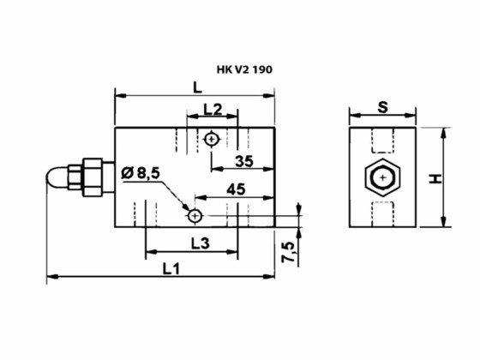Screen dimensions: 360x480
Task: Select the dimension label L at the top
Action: tap(196, 86)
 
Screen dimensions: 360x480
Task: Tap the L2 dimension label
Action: tap(213, 110)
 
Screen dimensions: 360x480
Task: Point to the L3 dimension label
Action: tap(199, 243)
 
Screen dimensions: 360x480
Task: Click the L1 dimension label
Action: tap(170, 268)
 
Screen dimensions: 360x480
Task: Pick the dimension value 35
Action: tap(243, 161)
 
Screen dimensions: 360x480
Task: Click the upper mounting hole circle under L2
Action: tap(212, 138)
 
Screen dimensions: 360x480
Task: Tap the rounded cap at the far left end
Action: tap(54, 179)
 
